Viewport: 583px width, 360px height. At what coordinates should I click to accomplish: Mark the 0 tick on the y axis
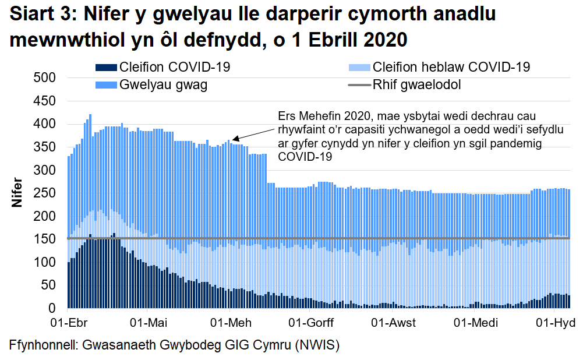pyautogui.click(x=51, y=308)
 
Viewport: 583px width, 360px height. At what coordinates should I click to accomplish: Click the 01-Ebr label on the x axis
pyautogui.click(x=68, y=323)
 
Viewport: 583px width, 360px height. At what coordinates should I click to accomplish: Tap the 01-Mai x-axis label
pyautogui.click(x=150, y=323)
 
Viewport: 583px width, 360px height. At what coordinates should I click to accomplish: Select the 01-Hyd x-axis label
pyautogui.click(x=556, y=323)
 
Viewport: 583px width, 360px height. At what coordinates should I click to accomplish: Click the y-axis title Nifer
pyautogui.click(x=17, y=193)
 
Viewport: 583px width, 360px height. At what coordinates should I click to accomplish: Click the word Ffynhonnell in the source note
pyautogui.click(x=44, y=344)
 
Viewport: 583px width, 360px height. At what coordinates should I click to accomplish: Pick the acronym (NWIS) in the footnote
pyautogui.click(x=315, y=344)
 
